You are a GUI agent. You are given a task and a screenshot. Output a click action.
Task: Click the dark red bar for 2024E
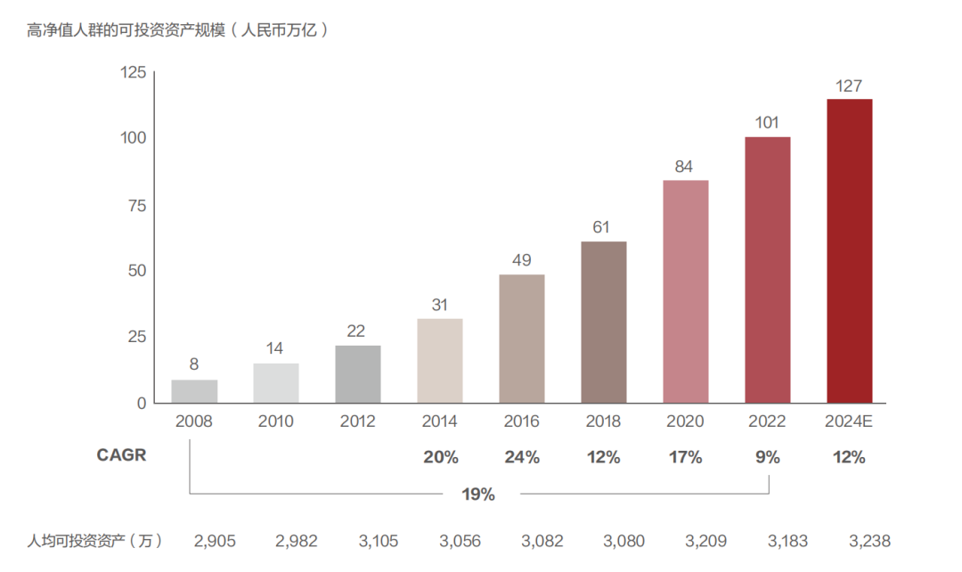coord(849,250)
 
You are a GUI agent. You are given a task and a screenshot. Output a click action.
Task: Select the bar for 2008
coord(194,391)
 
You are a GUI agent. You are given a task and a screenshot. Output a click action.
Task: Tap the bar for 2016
coord(521,339)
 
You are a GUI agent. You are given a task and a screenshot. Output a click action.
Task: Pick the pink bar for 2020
coord(685,291)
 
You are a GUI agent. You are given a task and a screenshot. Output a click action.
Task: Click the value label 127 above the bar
coord(849,86)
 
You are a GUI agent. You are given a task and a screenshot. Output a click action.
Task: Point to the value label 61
coord(603,227)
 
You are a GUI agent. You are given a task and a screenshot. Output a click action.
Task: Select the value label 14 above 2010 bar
coord(275,348)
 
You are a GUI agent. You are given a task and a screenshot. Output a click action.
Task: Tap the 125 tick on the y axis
coord(132,72)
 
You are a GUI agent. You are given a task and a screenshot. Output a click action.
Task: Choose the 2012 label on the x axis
coord(357,421)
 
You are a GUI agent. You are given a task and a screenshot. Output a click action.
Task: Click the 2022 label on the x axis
coord(767,421)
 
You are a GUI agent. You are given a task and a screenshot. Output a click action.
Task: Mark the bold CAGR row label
coord(121,456)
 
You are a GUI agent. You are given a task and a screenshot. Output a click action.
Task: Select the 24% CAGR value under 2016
coord(521,458)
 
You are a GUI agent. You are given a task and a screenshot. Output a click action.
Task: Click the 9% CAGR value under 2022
coord(767,458)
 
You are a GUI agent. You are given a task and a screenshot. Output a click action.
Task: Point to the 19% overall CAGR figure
coord(478,494)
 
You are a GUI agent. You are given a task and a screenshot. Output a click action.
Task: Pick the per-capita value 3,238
coord(869,541)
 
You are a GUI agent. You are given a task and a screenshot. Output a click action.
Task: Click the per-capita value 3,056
coord(460,541)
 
